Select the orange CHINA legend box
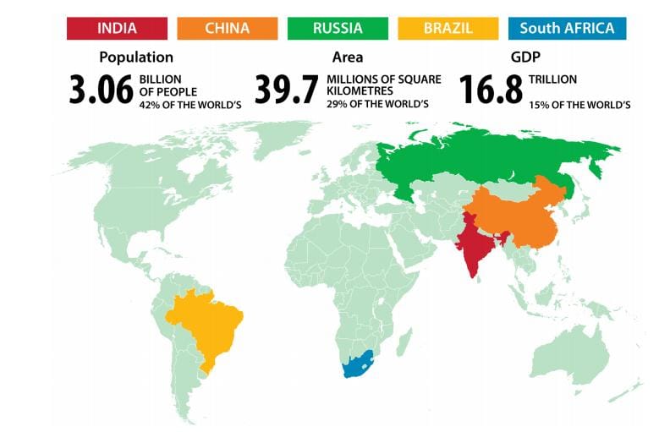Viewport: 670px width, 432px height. click(228, 28)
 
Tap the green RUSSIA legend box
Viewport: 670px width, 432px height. click(338, 28)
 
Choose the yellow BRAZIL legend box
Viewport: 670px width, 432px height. click(448, 28)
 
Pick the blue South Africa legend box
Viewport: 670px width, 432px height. click(567, 28)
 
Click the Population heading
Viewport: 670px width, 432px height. click(136, 57)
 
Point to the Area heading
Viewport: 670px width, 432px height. click(348, 57)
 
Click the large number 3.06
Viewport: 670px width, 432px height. click(101, 90)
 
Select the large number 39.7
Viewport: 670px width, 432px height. click(287, 90)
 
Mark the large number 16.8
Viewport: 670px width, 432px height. click(491, 90)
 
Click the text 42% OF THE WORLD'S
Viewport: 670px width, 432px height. click(184, 105)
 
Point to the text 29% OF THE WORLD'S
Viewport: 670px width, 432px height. click(377, 105)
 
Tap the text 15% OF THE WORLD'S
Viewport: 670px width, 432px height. click(579, 105)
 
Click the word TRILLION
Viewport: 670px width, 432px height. click(553, 79)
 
